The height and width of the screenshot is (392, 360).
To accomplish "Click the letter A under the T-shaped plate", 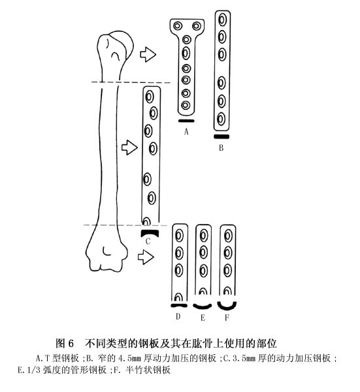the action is tap(186, 131).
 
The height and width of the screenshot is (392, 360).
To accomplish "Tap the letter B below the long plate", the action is tap(221, 148).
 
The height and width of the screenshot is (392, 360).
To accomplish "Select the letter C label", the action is tap(148, 241).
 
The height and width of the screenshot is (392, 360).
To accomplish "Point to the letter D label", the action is tap(178, 316).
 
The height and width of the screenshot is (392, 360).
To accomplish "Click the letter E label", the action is tap(203, 318).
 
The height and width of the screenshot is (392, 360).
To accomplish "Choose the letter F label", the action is tap(227, 318).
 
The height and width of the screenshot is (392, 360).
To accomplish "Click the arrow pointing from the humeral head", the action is tap(148, 54).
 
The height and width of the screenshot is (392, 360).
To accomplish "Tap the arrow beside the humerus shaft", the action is tap(129, 147).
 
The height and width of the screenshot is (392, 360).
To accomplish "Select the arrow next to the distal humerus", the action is tap(146, 257).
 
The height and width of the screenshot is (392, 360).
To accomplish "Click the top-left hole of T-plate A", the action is tap(178, 25).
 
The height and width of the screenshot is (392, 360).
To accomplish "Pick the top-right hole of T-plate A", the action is tap(197, 25).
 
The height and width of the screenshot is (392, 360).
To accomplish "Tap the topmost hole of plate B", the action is tap(222, 20).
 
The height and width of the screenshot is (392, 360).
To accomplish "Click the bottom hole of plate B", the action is tap(221, 119).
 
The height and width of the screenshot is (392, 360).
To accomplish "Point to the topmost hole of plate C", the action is tap(150, 97).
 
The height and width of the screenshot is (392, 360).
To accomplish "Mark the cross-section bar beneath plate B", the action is tap(221, 137).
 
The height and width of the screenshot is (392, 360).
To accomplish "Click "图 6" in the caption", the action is tap(65, 343).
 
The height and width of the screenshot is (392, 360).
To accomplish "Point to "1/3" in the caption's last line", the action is tap(34, 370).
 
